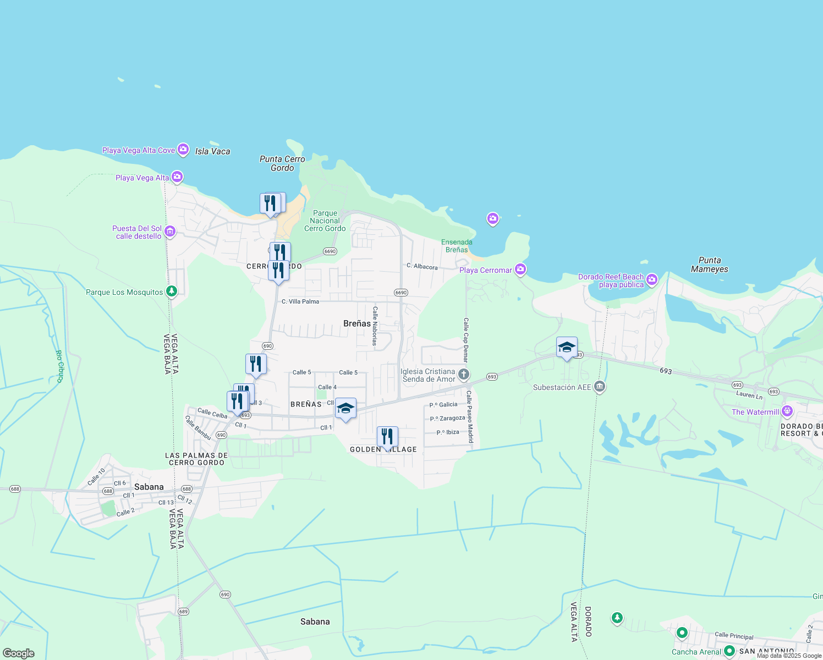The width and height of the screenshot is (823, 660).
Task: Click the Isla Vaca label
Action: coord(212,151)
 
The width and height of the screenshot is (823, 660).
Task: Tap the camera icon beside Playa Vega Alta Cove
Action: coord(183,150)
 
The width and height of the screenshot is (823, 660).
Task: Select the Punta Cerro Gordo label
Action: coord(282,163)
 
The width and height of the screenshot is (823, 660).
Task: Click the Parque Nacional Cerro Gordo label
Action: coord(325,221)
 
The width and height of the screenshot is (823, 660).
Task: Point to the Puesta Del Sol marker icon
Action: coord(170,232)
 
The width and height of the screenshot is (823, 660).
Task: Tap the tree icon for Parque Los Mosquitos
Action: coord(172,291)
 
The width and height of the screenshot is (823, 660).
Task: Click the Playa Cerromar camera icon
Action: coord(520,269)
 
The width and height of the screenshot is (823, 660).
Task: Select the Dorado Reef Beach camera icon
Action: coord(652,280)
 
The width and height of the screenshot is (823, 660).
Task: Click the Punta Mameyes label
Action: coord(710,265)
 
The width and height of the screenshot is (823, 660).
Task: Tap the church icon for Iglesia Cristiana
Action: coord(464,375)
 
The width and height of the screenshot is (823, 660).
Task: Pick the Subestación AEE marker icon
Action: coord(600,387)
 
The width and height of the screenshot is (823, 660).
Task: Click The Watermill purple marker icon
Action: coord(787,411)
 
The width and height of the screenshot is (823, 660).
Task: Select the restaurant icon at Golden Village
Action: coord(387,437)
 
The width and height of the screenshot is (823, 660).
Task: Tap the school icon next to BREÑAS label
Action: coord(345,408)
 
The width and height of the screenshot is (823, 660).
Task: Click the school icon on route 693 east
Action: coord(567,347)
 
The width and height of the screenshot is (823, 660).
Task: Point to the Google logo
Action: coord(19,653)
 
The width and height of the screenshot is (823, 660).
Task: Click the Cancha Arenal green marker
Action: coord(729,651)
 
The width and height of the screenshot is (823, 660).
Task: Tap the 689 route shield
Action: coord(183,612)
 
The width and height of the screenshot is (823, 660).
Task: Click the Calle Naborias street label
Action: coord(375,326)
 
